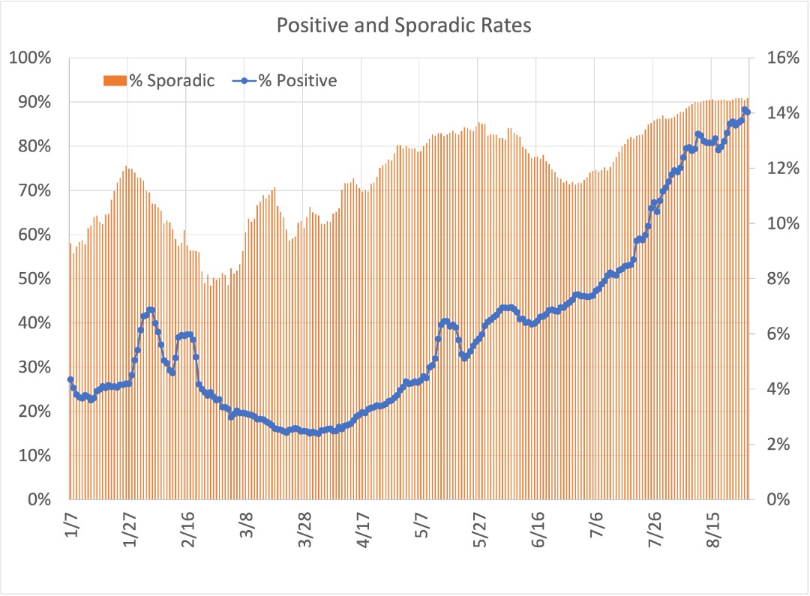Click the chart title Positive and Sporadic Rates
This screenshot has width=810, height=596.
[x=404, y=25]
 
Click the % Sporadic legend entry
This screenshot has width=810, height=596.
[x=159, y=81]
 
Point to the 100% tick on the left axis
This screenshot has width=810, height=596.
[x=30, y=58]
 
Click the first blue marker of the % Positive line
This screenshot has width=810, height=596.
[x=70, y=379]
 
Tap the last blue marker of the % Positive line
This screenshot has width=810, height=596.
[x=748, y=112]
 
